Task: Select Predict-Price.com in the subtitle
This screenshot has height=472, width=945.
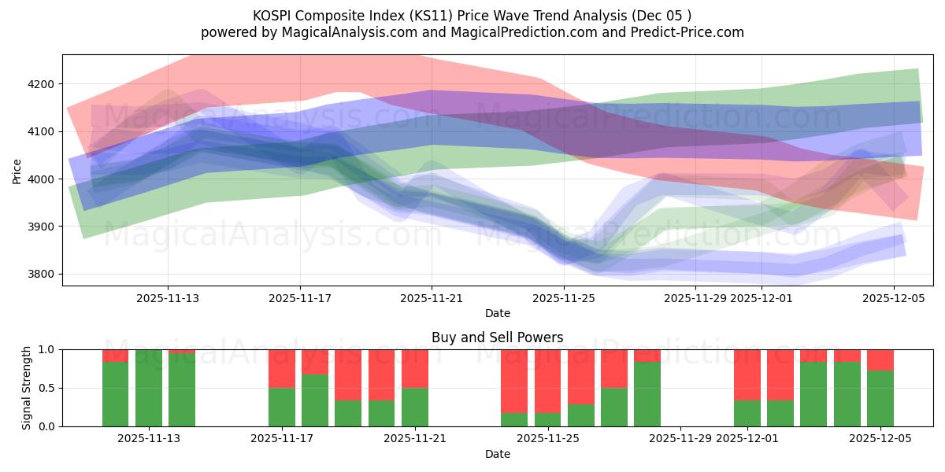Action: pos(687,32)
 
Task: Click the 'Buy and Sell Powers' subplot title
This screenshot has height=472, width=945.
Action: pos(497,337)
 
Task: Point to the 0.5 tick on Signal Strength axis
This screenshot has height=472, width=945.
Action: pos(46,388)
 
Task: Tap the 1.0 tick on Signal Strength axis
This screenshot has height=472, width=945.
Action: pos(46,349)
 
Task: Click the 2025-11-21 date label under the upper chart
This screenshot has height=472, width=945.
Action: pos(432,299)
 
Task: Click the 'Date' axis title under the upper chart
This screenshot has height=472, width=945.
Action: pos(497,313)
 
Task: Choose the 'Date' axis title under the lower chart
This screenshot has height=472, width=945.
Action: pos(497,454)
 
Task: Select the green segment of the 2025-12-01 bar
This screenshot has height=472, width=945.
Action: pos(747,413)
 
